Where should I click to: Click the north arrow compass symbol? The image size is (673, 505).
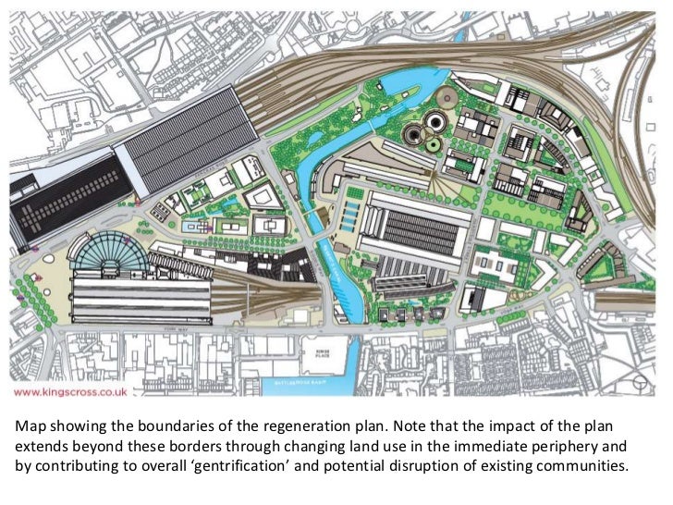click(x=640, y=381)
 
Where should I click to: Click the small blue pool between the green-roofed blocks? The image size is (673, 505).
click(x=191, y=226)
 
